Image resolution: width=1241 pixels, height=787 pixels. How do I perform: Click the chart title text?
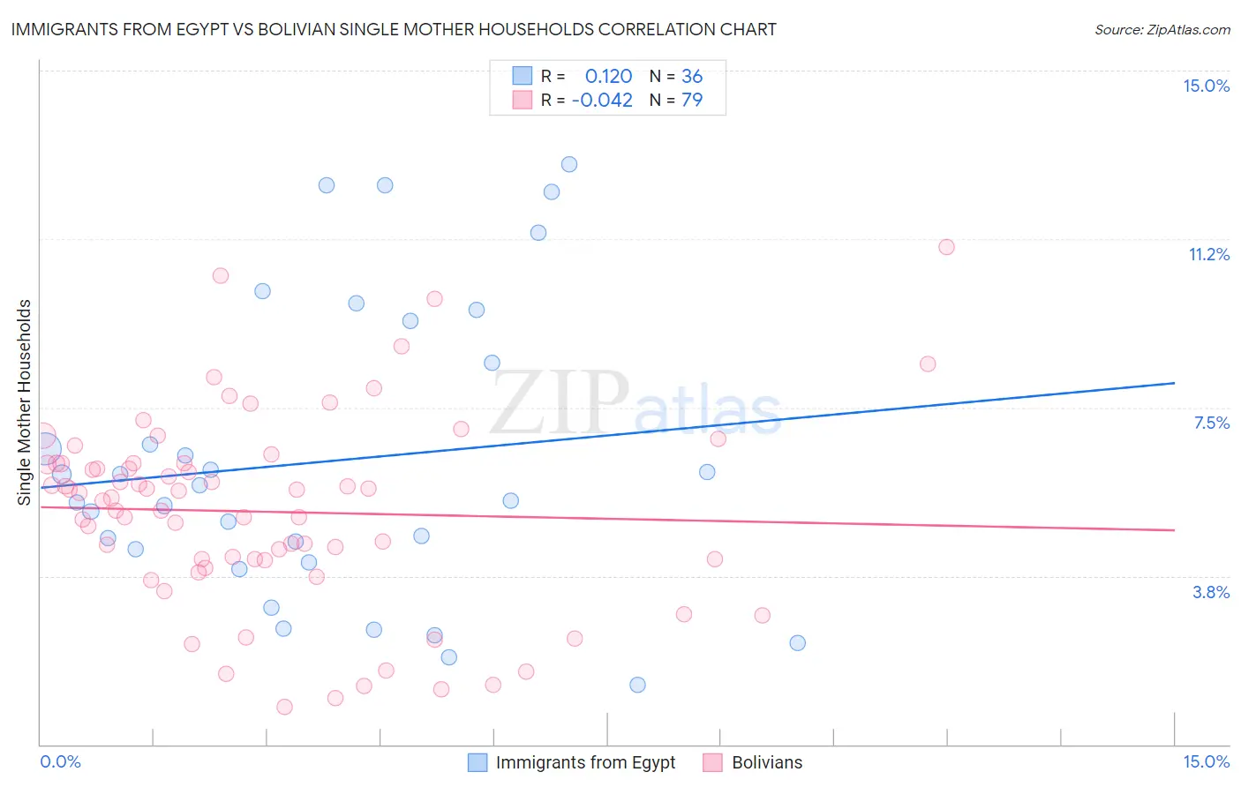pos(394,29)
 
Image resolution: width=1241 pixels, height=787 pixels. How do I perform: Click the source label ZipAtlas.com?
pos(1162,30)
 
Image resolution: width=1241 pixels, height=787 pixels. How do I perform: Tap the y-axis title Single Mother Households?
pos(25,402)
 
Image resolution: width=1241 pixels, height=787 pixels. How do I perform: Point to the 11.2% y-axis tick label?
pos(1208,255)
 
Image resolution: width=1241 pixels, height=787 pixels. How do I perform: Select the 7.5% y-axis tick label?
pos(1211,423)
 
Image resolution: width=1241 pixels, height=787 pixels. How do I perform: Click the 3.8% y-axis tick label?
pos(1211,592)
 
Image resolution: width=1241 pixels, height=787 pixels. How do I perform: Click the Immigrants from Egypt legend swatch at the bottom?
pos(478,762)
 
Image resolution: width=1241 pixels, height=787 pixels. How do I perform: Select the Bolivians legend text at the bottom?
pos(767,762)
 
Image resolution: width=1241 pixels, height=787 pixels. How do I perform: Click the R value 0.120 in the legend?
pos(608,77)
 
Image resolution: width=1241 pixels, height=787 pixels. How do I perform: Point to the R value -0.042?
pos(602,101)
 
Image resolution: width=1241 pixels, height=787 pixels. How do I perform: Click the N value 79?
pos(692,101)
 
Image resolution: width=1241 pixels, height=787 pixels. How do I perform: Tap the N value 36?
pos(692,77)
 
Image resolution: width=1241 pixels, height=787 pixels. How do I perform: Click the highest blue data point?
pos(569,164)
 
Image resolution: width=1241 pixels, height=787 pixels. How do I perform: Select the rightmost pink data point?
pos(946,247)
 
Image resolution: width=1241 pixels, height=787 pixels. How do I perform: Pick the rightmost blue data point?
pos(797,643)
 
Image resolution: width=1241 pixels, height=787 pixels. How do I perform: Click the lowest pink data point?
pos(284,707)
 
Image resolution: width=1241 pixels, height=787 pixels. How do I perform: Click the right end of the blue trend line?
pos(1174,383)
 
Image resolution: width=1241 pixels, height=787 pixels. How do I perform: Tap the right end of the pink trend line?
pos(1174,529)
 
